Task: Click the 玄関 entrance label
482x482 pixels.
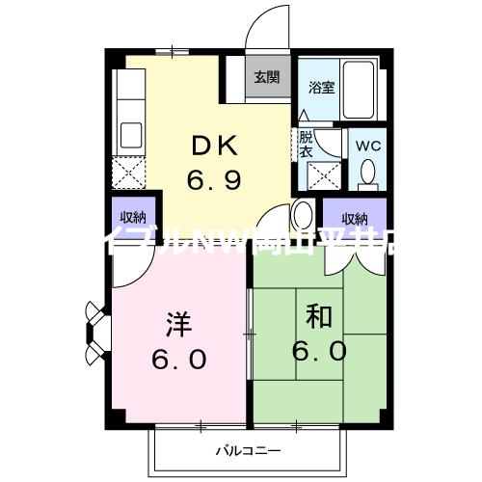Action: [x=266, y=77]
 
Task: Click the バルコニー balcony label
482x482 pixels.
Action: [x=247, y=450]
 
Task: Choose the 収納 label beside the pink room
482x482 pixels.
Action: [x=134, y=216]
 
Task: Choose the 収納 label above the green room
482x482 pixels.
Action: [x=354, y=217]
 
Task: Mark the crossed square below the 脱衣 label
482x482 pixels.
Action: [x=321, y=176]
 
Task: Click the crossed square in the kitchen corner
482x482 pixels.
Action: [x=128, y=173]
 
